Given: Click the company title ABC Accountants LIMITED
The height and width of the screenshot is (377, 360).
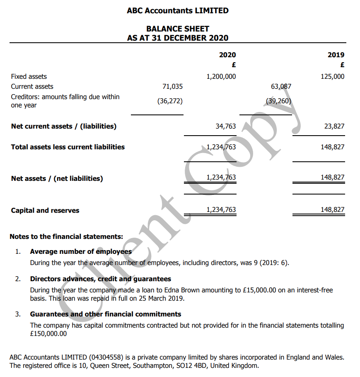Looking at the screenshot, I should pyautogui.click(x=177, y=11).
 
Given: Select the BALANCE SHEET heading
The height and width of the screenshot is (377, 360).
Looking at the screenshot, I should pyautogui.click(x=177, y=29).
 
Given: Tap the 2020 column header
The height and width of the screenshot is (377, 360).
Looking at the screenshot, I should pyautogui.click(x=227, y=55).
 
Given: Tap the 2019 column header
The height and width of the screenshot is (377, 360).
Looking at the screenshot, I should pyautogui.click(x=336, y=55).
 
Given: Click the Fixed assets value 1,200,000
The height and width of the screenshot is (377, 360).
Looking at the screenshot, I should pyautogui.click(x=221, y=76).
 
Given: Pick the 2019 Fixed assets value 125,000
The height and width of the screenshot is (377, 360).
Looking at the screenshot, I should pyautogui.click(x=332, y=76).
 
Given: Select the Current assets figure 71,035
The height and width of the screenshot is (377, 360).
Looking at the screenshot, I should pyautogui.click(x=172, y=87).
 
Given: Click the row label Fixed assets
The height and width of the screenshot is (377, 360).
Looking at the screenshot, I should pyautogui.click(x=29, y=76).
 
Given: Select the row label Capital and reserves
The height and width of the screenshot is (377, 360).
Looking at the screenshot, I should pyautogui.click(x=45, y=210).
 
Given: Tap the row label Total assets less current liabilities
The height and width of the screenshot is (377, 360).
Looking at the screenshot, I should pyautogui.click(x=68, y=147).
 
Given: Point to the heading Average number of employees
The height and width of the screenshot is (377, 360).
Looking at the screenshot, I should pyautogui.click(x=81, y=251).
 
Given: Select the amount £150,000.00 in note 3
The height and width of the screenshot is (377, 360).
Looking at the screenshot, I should pyautogui.click(x=48, y=333).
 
